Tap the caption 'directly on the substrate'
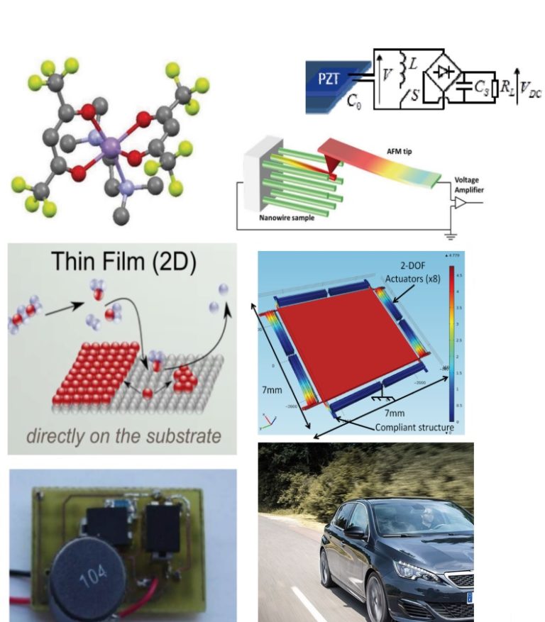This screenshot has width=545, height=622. pos(123,435)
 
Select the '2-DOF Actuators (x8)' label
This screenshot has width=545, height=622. pos(417,273)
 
